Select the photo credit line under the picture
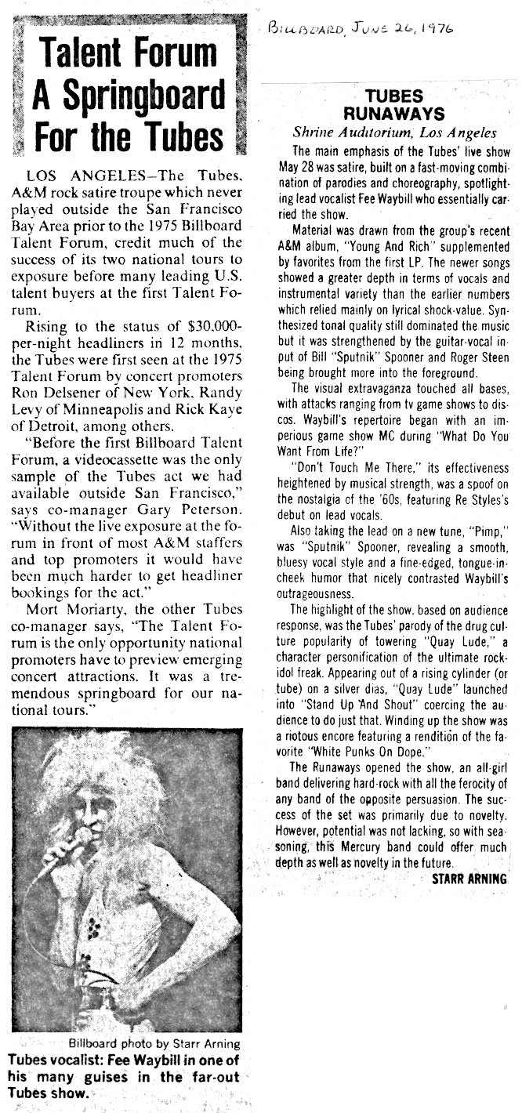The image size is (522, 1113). coord(154,1043)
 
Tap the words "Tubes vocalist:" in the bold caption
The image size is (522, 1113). coord(55,1060)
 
